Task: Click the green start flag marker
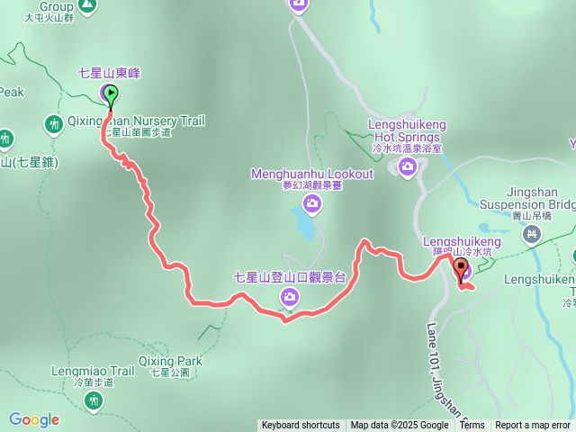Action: pyautogui.click(x=110, y=94)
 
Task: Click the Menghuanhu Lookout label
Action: pyautogui.click(x=311, y=174)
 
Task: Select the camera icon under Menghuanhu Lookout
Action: pyautogui.click(x=312, y=204)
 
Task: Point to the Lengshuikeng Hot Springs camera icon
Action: pyautogui.click(x=408, y=166)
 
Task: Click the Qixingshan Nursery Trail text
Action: pyautogui.click(x=137, y=120)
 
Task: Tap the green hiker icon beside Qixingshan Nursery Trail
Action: pyautogui.click(x=53, y=123)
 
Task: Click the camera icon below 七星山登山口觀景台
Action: pyautogui.click(x=289, y=296)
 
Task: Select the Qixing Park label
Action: pyautogui.click(x=170, y=361)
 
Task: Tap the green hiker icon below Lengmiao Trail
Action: pyautogui.click(x=94, y=400)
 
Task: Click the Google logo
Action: pyautogui.click(x=34, y=419)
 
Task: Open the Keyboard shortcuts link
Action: pyautogui.click(x=301, y=426)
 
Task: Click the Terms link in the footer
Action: pyautogui.click(x=472, y=426)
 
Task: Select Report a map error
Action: pyautogui.click(x=533, y=426)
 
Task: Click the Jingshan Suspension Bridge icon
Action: pyautogui.click(x=533, y=235)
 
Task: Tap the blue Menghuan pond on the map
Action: pyautogui.click(x=305, y=226)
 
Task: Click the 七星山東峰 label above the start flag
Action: pyautogui.click(x=109, y=72)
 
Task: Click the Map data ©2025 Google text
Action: pyautogui.click(x=400, y=426)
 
